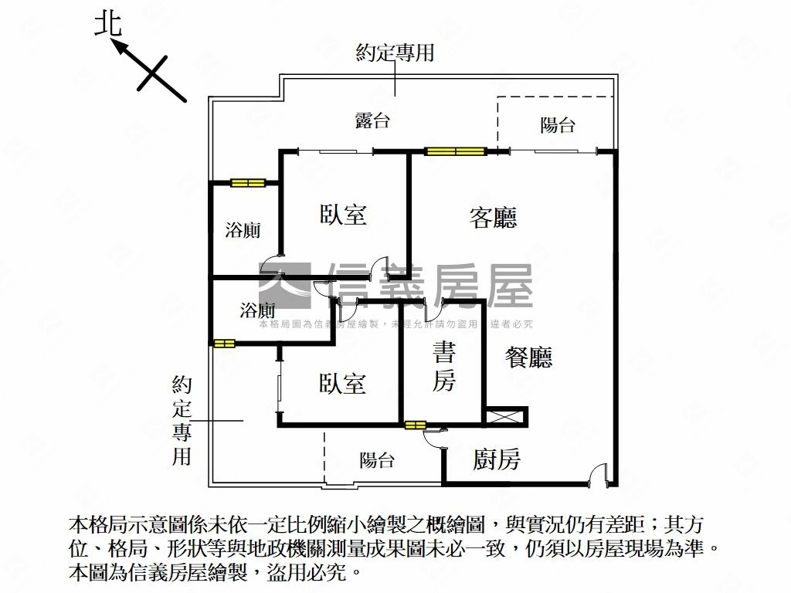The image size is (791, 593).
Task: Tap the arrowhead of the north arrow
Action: click(118, 47)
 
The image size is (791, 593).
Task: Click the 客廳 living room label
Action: click(493, 217)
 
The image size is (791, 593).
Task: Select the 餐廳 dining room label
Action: click(528, 357)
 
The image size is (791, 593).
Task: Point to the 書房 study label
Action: click(444, 366)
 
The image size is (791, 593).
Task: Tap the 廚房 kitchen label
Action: click(497, 459)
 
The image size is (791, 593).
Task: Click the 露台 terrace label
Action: click(372, 120)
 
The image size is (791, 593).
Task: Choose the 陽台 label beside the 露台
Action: click(558, 124)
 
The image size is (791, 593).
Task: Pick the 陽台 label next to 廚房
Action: click(377, 460)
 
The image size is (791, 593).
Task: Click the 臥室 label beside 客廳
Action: click(343, 214)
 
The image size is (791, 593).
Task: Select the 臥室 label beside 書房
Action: click(342, 383)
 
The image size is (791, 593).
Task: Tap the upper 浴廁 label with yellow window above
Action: click(243, 230)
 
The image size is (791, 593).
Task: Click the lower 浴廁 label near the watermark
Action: click(257, 310)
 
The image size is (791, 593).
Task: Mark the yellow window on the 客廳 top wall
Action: click(456, 151)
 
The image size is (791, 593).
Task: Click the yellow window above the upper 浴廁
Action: click(248, 182)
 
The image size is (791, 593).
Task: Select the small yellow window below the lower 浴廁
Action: click(224, 344)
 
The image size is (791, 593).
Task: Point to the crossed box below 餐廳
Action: click(505, 417)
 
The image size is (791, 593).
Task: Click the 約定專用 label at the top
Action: click(395, 53)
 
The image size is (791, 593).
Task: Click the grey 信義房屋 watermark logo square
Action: click(285, 286)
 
